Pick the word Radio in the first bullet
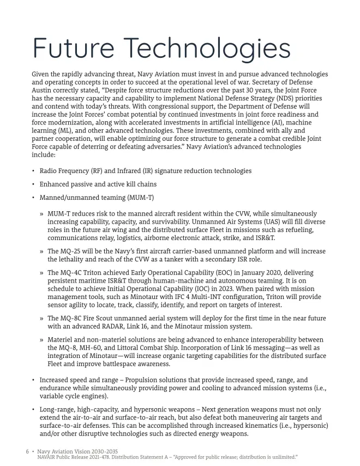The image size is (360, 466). (49, 171)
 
